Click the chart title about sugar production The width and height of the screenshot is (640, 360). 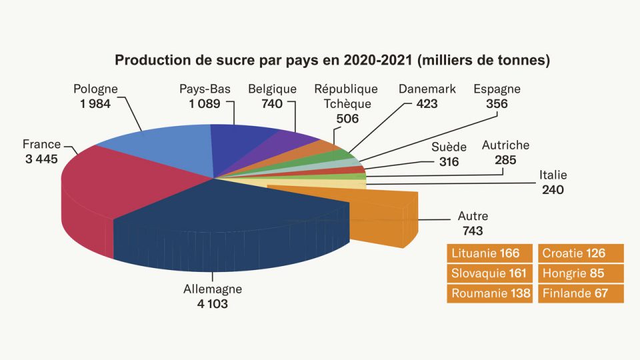(332, 61)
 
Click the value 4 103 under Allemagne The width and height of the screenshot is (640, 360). (213, 303)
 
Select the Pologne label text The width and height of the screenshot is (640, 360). (95, 89)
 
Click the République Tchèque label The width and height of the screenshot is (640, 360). (346, 96)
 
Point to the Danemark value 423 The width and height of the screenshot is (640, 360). (427, 103)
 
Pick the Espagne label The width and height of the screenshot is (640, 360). (497, 89)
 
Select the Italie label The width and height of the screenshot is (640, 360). (553, 175)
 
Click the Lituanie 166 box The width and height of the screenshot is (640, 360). (489, 253)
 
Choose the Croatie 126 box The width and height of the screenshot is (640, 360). (580, 253)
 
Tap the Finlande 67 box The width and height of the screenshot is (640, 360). (580, 293)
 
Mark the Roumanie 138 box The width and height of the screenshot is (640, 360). (489, 293)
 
